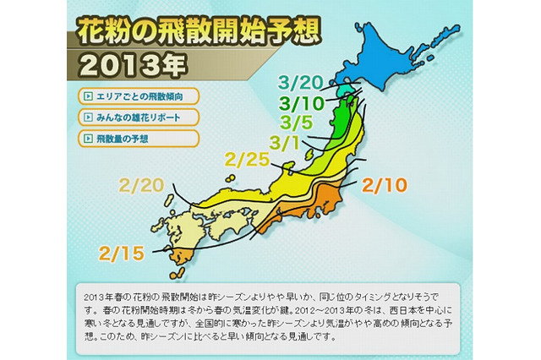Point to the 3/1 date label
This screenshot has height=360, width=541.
point(283,141)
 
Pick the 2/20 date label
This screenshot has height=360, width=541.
point(140,184)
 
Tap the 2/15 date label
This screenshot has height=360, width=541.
point(120,252)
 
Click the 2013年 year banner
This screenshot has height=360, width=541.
point(128,64)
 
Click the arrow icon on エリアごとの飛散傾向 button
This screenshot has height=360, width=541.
point(88,94)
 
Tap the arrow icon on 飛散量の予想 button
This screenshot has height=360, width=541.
point(88,136)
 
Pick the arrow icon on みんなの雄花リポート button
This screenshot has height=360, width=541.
point(88,116)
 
